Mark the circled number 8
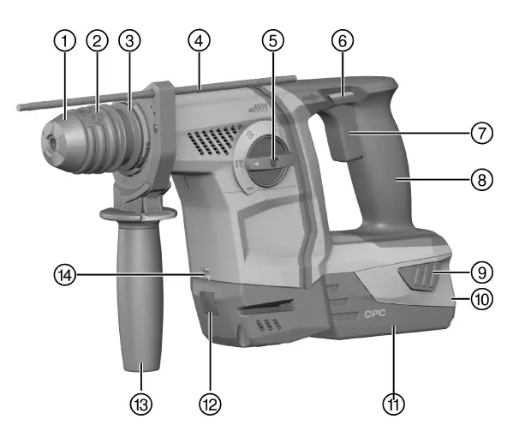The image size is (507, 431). tap(482, 181)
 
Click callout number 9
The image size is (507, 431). tap(482, 272)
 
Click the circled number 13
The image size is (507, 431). tap(140, 399)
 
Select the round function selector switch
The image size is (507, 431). tap(268, 161)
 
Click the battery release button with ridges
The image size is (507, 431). tap(417, 279)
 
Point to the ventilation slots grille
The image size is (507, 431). tap(207, 136)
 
